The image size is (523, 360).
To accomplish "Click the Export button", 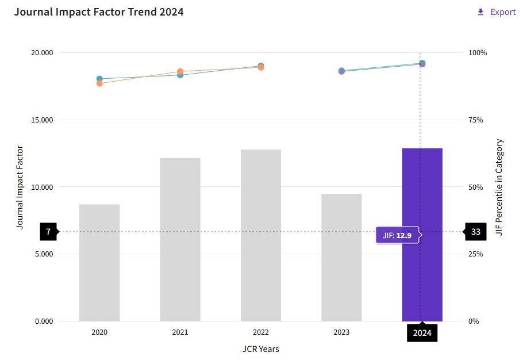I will point(497,12).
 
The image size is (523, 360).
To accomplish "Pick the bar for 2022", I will point(261,235).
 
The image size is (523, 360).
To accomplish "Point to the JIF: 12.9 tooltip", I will point(397,235).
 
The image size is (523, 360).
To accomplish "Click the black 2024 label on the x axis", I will point(422,332).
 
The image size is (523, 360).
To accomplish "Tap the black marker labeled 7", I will point(48,232).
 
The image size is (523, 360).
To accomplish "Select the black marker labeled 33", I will point(475,232).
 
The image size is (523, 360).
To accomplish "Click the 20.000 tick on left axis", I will point(41,53).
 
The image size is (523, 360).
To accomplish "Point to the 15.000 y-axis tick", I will point(41,120).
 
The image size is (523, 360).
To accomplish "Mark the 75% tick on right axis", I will point(475,120).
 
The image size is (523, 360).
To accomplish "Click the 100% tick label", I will point(477,53).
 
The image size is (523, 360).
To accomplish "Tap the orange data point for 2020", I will point(99,83).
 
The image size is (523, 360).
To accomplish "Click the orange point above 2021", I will point(180,71).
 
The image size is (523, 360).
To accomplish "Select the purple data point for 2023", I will point(341,71).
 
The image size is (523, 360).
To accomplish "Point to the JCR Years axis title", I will point(260,349).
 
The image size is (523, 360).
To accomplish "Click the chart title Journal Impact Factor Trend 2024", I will point(99,12).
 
